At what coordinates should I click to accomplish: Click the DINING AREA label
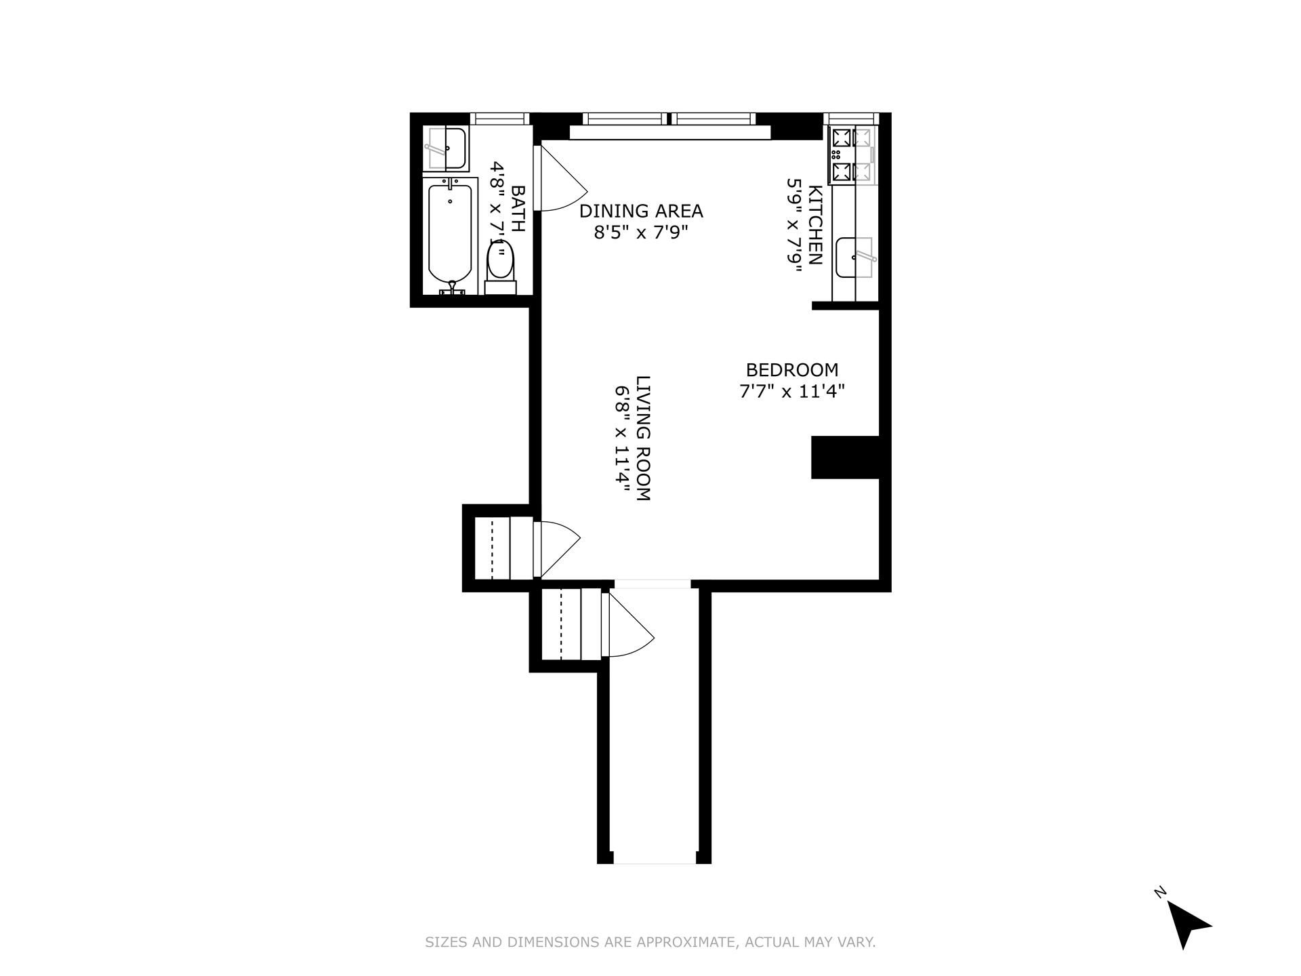pos(641,211)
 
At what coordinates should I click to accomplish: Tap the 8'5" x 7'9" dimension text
pos(641,233)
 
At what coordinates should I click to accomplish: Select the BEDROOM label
pos(791,370)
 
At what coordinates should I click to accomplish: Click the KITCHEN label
pos(815,225)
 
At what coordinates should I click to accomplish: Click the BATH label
pos(518,209)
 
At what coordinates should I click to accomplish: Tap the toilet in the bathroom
pos(501,266)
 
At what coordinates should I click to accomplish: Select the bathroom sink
pos(447,148)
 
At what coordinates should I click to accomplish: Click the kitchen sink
pos(854,257)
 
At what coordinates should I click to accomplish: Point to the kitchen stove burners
pos(842,155)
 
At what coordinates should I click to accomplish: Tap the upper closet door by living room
pos(556,548)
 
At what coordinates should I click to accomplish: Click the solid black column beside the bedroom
pos(844,457)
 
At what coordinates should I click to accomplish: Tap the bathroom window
pos(500,119)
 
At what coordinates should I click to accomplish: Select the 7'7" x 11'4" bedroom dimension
pos(791,392)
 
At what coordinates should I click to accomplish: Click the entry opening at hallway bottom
pos(655,862)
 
